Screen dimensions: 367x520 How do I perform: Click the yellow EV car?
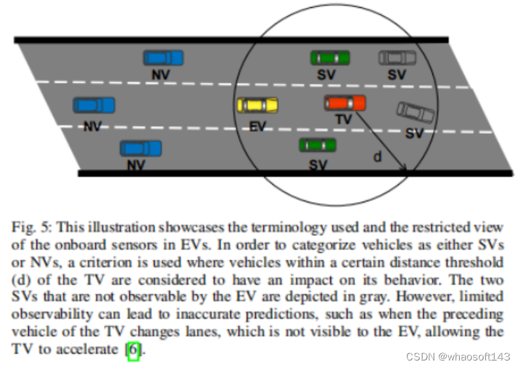pos(257,104)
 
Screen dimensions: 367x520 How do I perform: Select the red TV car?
pos(345,103)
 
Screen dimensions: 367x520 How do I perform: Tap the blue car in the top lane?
pos(163,58)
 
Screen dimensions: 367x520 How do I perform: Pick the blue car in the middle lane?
pos(94,104)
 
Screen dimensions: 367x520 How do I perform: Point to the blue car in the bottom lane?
pos(140,149)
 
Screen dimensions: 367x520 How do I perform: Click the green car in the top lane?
pos(329,57)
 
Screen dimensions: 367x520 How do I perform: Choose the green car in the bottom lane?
pos(317,145)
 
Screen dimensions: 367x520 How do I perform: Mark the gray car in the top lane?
pos(397,57)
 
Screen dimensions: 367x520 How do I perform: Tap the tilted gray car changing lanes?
pos(415,113)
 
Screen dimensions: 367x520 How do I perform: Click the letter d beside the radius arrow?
pos(377,157)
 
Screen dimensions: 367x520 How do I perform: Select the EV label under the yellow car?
pos(258,126)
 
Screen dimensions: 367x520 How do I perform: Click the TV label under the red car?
pos(343,120)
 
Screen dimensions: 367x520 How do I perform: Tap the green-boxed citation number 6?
pos(133,349)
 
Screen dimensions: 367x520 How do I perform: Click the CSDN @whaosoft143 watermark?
pos(457,357)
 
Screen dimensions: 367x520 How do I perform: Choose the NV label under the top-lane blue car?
pos(160,75)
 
